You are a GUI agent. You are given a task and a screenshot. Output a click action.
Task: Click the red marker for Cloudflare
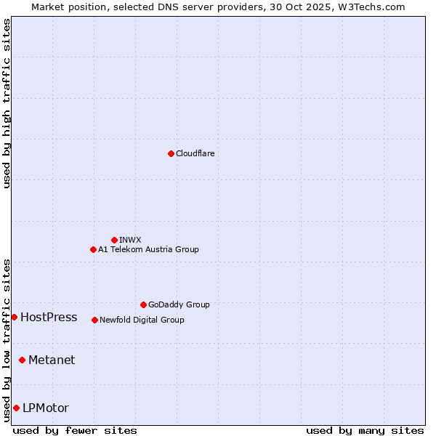tap(171, 153)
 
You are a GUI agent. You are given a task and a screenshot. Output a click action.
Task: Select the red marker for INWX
tap(114, 240)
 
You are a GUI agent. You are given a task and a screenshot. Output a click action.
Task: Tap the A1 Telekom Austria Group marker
tap(93, 249)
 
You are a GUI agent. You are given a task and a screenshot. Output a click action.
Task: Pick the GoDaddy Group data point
tap(143, 304)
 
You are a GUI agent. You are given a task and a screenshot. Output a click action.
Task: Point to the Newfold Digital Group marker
tap(94, 320)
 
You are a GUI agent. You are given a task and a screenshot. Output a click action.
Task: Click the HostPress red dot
tap(14, 317)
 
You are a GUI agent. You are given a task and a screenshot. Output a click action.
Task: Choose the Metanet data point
tap(22, 360)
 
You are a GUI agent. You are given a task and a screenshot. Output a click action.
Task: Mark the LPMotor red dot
tap(16, 408)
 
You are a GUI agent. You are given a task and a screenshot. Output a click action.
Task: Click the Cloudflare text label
tap(195, 153)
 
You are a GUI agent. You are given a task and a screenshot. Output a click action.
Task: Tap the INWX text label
tap(130, 240)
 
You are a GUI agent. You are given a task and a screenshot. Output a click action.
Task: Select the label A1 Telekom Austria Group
tap(148, 249)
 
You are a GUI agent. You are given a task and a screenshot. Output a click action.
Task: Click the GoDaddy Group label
tap(179, 304)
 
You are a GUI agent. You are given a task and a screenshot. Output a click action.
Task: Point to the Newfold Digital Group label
tap(142, 320)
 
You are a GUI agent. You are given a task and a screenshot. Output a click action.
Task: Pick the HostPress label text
tap(49, 317)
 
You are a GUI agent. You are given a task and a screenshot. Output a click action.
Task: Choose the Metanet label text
tap(52, 360)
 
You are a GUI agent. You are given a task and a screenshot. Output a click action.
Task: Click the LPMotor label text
tap(46, 408)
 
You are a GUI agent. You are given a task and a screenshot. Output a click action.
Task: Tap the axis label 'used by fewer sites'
tap(75, 430)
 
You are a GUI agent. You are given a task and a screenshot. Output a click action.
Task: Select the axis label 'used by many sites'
tap(365, 430)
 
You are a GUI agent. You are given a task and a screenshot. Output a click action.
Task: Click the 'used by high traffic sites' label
tap(7, 103)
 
